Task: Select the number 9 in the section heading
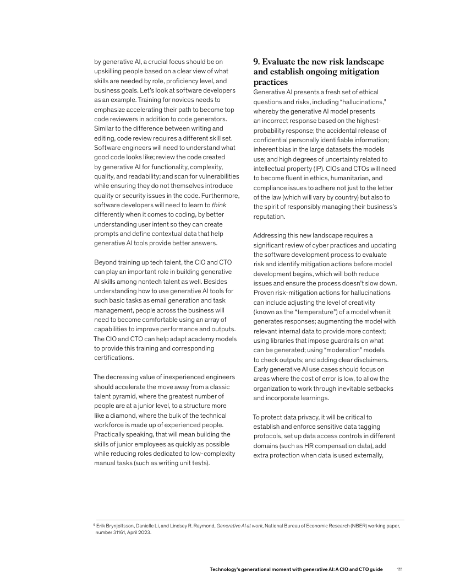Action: point(256,61)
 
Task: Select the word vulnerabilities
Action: point(211,176)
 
